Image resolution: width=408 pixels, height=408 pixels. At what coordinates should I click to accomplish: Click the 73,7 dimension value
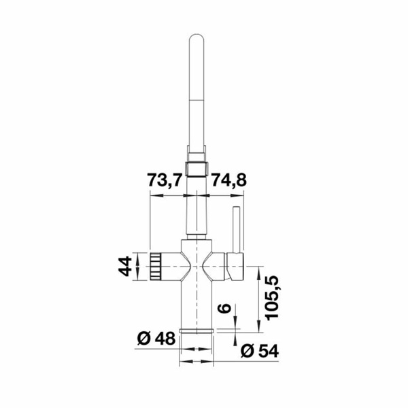click(x=164, y=180)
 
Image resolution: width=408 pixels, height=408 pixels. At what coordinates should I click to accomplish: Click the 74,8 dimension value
click(x=228, y=180)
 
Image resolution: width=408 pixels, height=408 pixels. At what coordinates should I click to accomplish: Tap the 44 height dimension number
click(x=125, y=266)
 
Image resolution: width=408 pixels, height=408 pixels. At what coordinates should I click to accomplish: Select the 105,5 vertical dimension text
click(x=272, y=297)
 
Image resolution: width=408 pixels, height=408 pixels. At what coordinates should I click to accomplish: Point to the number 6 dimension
click(x=224, y=308)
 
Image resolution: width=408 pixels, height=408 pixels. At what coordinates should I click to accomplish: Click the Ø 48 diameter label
click(x=156, y=339)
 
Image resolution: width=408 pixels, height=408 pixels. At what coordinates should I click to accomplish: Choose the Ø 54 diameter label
click(x=260, y=351)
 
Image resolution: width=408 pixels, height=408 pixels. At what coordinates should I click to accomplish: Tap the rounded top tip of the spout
click(x=197, y=35)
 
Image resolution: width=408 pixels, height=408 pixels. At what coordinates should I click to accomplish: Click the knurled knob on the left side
click(x=156, y=267)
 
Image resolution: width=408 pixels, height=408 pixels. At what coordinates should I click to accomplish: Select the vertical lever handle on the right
click(x=237, y=229)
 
